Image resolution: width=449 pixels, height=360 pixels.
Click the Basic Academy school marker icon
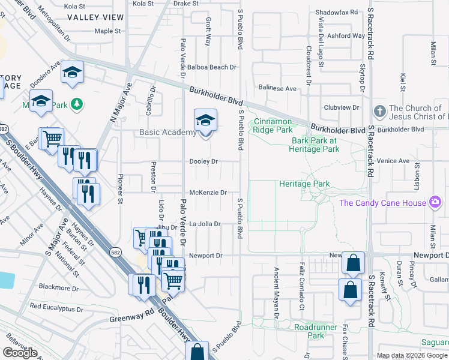pos(205,121)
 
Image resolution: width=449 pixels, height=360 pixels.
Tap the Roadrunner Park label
pos(318,331)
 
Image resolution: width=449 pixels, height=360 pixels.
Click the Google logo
pos(20,353)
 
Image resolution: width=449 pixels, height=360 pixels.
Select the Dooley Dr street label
pos(203,161)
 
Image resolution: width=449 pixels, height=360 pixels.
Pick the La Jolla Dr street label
pos(205,224)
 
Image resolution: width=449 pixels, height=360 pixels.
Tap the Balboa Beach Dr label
pos(211,67)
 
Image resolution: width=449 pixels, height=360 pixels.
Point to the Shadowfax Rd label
pos(336,12)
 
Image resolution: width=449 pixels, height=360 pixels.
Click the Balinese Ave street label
pos(277,88)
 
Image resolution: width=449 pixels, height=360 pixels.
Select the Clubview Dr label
pos(341,108)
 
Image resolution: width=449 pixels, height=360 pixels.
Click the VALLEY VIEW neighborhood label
pos(91,17)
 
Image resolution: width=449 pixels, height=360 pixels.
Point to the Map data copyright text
pos(412,355)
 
